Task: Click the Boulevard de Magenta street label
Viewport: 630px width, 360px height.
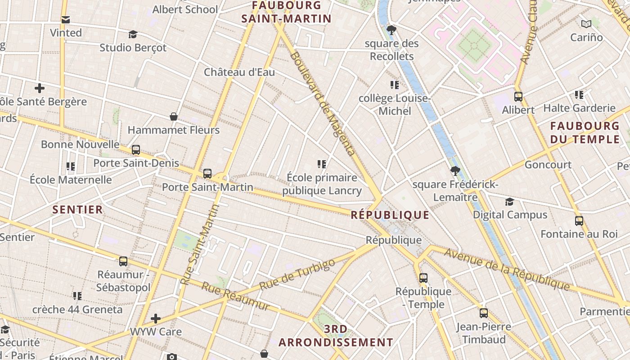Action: click(322, 103)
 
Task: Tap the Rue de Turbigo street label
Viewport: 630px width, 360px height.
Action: click(297, 274)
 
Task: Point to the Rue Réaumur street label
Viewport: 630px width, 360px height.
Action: click(235, 297)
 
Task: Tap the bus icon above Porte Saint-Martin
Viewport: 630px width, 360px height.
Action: click(207, 173)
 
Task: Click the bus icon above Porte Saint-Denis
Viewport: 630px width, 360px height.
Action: click(136, 150)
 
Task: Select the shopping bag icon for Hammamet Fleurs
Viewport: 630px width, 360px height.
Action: click(174, 117)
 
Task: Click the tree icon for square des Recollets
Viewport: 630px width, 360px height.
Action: click(391, 30)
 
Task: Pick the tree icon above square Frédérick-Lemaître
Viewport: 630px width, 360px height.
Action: click(455, 171)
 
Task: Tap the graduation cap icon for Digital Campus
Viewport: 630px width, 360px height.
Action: click(509, 202)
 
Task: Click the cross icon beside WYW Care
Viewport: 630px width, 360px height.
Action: click(156, 319)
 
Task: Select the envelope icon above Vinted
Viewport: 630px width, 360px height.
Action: click(66, 19)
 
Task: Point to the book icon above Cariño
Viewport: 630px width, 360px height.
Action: click(586, 24)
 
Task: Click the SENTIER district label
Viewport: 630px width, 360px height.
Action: click(78, 210)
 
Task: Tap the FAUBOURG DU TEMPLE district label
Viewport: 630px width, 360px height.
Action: click(585, 133)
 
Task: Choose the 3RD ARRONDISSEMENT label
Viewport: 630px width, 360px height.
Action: click(336, 336)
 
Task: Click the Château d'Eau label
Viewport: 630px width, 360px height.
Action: click(239, 72)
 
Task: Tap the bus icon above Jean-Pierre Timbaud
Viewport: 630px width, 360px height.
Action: click(484, 313)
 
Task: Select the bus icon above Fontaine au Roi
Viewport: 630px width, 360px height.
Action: click(579, 221)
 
